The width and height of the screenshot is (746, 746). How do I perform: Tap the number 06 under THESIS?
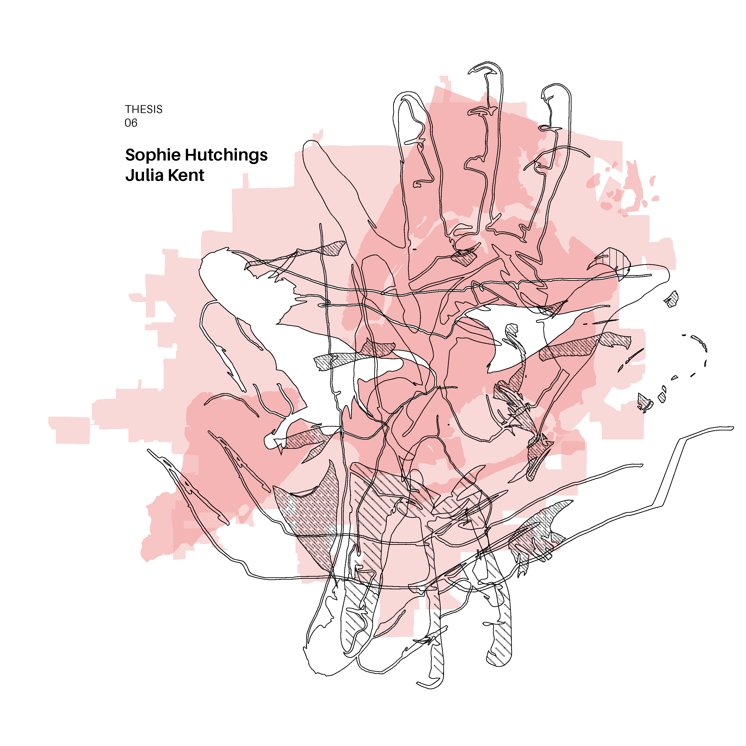pyautogui.click(x=131, y=123)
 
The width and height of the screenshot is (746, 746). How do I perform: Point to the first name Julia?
pyautogui.click(x=145, y=175)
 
